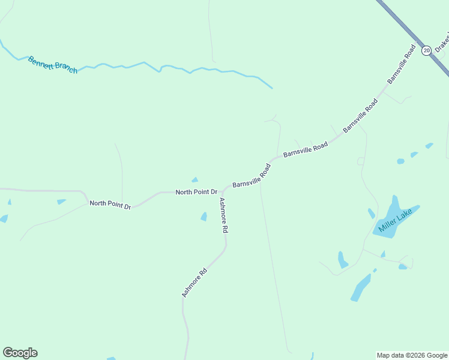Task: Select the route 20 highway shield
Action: tap(426, 50)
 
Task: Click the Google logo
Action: tap(20, 353)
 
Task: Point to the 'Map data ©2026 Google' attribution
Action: tap(412, 355)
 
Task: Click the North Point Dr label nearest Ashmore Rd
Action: tap(196, 192)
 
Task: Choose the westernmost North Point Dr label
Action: tap(110, 204)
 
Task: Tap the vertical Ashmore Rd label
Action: tap(223, 215)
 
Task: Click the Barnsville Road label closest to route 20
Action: tap(402, 64)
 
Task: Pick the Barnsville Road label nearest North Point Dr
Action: tap(252, 175)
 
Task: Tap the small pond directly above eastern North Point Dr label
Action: tap(194, 179)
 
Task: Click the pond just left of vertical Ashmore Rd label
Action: tap(203, 217)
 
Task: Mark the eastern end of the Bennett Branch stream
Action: tap(271, 88)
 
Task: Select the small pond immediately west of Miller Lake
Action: tap(372, 213)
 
